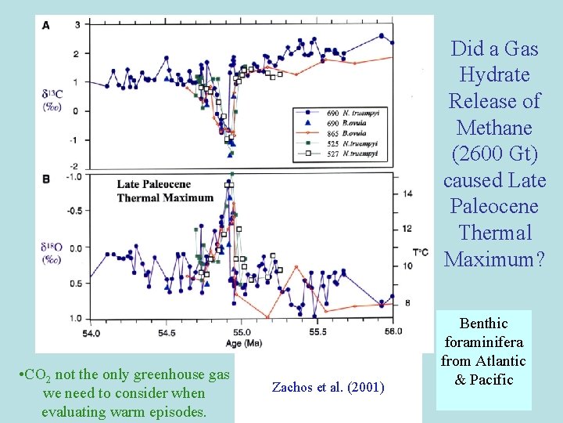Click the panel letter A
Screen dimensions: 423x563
click(x=46, y=26)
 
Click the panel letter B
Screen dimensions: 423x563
click(x=46, y=179)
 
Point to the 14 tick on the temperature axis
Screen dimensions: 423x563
click(x=407, y=193)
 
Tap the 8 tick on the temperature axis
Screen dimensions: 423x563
click(x=407, y=303)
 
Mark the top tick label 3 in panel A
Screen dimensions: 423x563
click(x=77, y=25)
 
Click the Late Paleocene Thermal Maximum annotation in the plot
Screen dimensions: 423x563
click(x=164, y=191)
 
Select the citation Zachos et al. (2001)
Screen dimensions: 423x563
click(x=328, y=386)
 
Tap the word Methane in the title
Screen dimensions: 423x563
click(x=494, y=128)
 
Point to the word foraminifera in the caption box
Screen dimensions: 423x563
click(x=484, y=342)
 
